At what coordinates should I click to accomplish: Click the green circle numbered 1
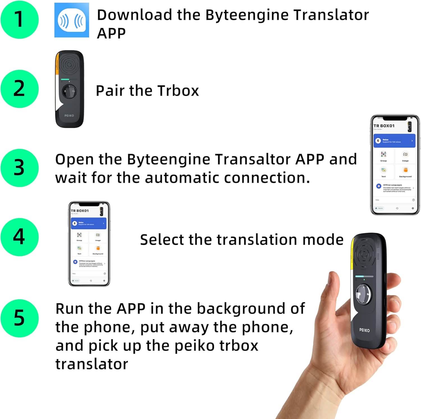[19, 19]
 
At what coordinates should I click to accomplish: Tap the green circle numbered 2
[19, 89]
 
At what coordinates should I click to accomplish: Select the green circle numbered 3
[19, 168]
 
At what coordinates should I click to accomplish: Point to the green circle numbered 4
[19, 237]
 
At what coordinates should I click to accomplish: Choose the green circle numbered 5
[19, 318]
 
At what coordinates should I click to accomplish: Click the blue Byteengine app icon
[72, 20]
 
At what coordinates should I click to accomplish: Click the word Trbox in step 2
[178, 91]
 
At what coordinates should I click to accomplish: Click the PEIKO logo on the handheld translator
[364, 330]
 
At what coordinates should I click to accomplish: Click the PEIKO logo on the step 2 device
[69, 115]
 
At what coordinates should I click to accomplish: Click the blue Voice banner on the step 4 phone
[88, 223]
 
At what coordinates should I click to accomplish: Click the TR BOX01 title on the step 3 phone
[384, 126]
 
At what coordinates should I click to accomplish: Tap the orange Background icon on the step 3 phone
[405, 170]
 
